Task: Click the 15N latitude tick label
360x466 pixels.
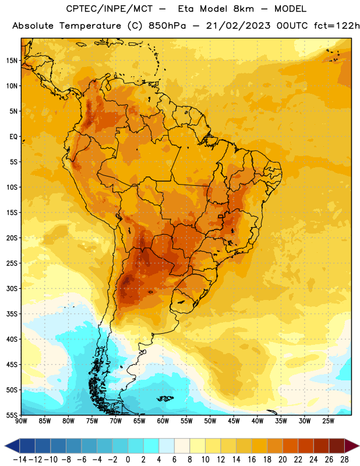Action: coord(12,61)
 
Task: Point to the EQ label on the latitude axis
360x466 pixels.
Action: coord(13,137)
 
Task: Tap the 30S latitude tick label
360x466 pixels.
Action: coord(12,288)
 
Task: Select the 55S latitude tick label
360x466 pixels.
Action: coord(12,415)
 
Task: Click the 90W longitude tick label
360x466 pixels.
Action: coord(21,421)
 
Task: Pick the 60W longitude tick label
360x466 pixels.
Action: coord(163,421)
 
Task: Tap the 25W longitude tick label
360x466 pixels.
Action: coord(328,421)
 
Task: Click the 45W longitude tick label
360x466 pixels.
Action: coord(234,421)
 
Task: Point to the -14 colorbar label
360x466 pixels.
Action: coord(20,460)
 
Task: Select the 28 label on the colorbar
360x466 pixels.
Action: coord(344,460)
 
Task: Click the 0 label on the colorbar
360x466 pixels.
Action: coord(128,460)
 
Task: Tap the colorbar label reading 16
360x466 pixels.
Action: coord(252,460)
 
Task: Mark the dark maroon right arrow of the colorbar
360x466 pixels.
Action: coord(351,446)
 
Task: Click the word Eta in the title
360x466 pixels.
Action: coord(185,9)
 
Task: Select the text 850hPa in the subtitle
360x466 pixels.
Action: coord(167,26)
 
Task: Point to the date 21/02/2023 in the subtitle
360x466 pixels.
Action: coord(238,26)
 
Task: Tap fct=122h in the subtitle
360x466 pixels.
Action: coord(337,26)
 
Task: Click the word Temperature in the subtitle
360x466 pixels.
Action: coord(90,26)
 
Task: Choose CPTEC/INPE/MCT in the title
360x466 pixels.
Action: coord(109,9)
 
